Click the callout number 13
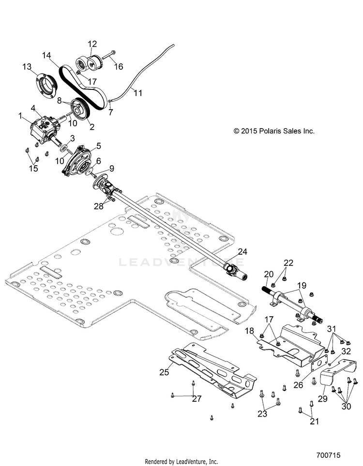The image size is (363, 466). coord(27,67)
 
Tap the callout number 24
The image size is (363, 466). coord(242,252)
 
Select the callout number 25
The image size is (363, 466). coord(164,372)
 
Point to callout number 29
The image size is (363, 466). coord(323,398)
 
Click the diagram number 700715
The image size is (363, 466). coord(328,455)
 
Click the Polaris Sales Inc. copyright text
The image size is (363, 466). coord(274,131)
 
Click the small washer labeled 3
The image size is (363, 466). coord(63,148)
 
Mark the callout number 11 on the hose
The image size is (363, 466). coord(138,93)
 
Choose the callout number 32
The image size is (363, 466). coord(346,351)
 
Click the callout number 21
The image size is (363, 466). coord(315,421)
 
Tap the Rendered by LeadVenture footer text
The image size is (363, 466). coord(181,462)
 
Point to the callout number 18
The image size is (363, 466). coord(249,331)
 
